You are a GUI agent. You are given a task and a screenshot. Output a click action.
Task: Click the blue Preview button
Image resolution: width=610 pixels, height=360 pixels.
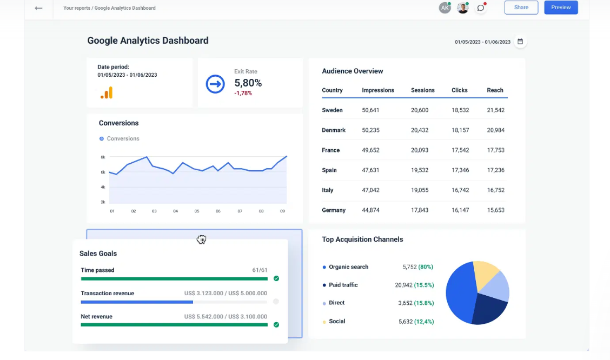tap(561, 8)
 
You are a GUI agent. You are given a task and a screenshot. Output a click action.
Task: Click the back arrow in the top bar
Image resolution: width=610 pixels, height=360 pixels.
tap(38, 8)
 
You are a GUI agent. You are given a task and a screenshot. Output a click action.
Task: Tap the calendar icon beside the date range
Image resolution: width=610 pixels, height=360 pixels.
tap(520, 42)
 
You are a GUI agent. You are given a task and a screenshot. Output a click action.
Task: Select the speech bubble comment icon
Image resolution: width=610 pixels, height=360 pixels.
tap(480, 8)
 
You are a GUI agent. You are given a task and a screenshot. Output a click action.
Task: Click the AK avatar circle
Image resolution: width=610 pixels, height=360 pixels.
tap(445, 8)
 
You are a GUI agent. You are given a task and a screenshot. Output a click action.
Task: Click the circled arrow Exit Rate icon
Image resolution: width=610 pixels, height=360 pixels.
tap(215, 84)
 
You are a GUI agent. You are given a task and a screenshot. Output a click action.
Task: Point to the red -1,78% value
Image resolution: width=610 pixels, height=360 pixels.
tap(243, 93)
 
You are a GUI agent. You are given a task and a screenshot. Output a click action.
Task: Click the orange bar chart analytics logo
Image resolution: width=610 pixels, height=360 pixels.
tap(107, 93)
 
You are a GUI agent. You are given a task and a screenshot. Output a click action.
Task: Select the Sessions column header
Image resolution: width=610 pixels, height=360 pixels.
tap(422, 90)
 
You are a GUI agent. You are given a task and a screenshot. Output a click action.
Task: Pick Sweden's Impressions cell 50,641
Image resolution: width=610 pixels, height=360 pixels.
tap(370, 110)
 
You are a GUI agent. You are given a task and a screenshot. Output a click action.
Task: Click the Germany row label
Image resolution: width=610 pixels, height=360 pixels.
tap(334, 210)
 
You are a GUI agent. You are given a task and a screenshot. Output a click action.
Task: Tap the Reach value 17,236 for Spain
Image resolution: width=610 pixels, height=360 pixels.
tap(495, 170)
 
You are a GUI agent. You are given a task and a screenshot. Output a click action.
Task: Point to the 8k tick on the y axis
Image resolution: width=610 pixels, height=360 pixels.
tap(103, 157)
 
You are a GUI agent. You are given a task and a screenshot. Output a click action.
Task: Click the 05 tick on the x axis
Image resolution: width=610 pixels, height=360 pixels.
tap(197, 211)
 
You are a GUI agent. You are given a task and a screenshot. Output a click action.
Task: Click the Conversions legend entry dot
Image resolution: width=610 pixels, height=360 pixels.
tap(102, 139)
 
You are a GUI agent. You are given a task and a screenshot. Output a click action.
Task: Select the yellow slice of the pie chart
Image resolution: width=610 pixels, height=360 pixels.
tap(485, 272)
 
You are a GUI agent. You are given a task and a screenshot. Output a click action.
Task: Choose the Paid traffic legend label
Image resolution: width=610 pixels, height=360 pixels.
tap(343, 285)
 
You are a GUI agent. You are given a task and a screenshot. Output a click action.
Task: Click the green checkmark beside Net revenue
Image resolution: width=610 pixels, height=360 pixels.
tap(276, 325)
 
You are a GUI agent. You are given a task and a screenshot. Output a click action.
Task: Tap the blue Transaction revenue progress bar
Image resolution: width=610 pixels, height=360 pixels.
tap(137, 302)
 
